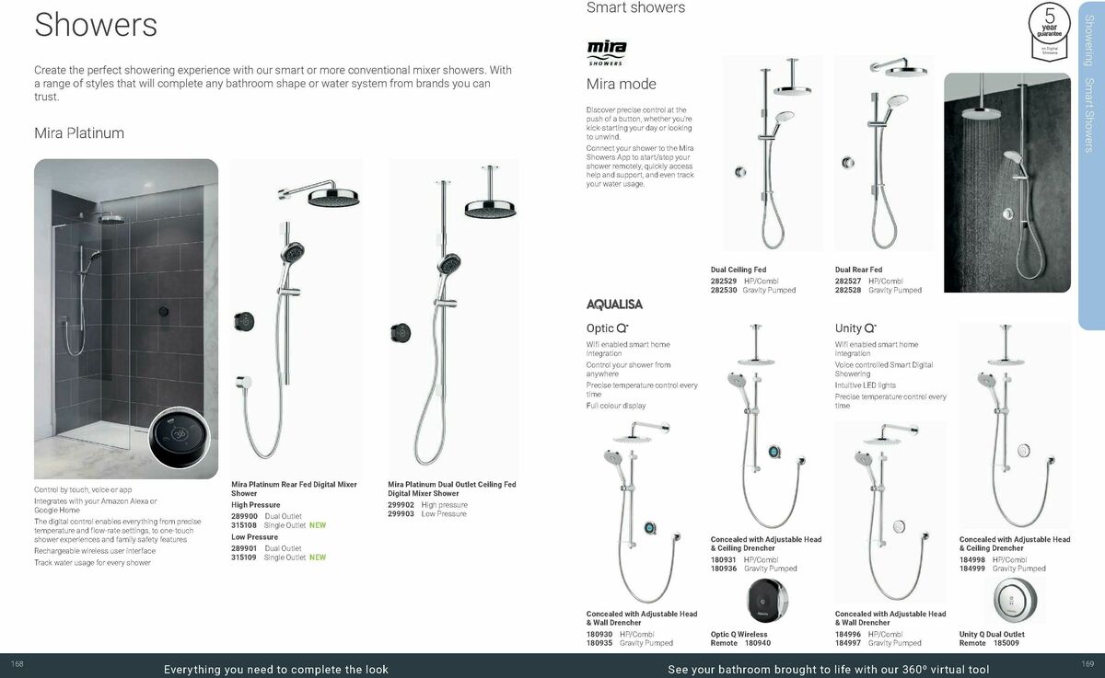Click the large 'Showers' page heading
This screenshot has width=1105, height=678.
pos(96,25)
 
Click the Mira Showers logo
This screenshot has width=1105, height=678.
pos(606,52)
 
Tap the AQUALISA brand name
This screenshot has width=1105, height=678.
pos(614,305)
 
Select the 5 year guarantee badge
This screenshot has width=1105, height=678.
pos(1050,28)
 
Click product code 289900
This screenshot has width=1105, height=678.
pos(244,517)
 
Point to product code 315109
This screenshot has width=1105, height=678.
pos(244,557)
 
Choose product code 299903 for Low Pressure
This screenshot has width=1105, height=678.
pos(401,514)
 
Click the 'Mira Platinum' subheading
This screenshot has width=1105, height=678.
pos(79,133)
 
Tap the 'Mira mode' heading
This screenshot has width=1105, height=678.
pos(622,85)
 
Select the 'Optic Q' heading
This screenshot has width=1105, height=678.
pos(607,328)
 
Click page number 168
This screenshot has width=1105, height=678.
pos(17,664)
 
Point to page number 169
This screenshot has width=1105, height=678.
pos(1088,664)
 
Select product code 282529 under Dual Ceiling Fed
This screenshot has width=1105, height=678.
pos(724,281)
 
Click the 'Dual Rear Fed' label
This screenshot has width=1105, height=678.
pos(858,270)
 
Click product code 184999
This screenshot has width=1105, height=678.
pos(972,569)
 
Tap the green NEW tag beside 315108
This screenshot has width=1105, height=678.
pos(318,525)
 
